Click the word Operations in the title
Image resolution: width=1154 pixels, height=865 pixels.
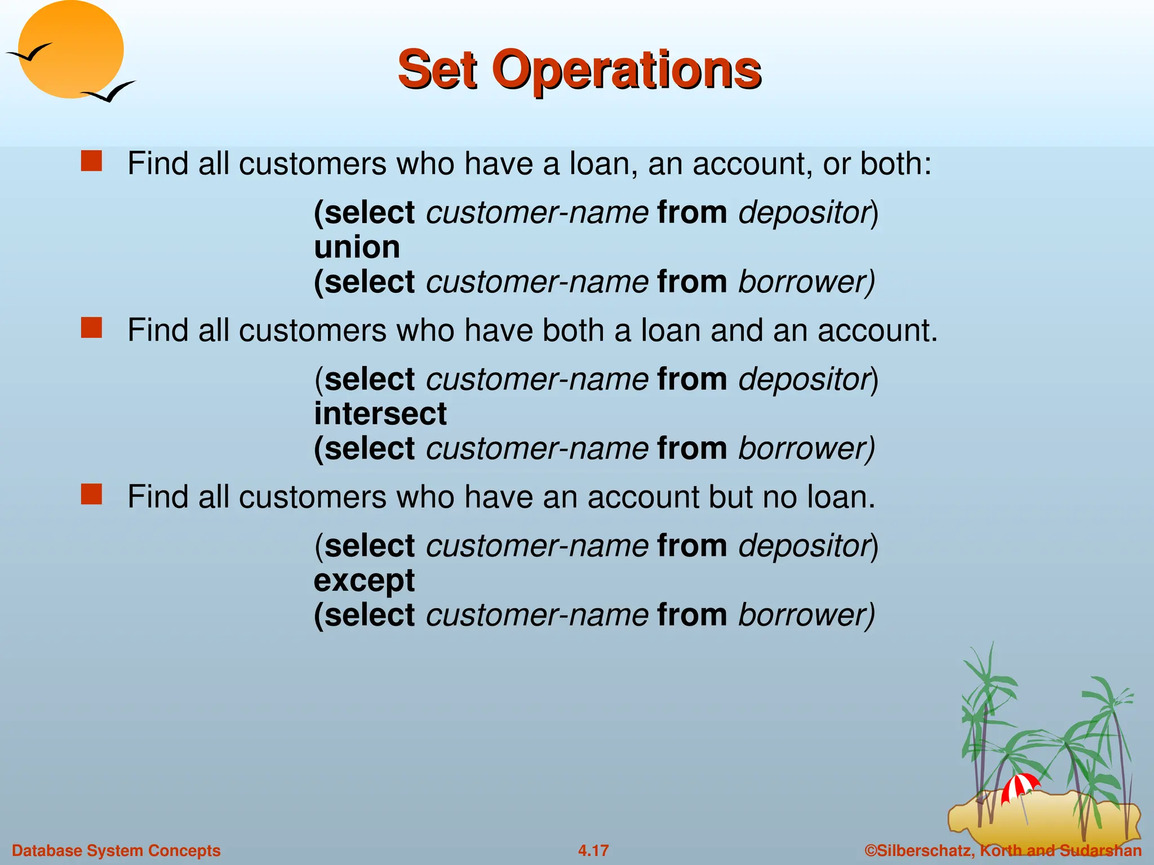627,70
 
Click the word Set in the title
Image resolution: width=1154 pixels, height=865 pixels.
437,70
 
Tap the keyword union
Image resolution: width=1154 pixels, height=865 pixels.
357,248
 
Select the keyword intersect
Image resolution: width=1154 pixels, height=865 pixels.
380,414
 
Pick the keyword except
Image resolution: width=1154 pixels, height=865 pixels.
364,581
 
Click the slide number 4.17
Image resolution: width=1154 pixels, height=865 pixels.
593,850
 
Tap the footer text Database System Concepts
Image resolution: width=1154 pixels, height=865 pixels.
116,850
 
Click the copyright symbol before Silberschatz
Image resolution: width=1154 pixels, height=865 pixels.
871,850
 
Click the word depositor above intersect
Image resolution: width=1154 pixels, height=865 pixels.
805,380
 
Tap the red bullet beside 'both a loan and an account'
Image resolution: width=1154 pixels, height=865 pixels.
91,327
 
